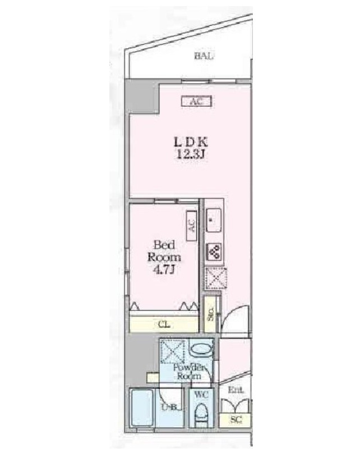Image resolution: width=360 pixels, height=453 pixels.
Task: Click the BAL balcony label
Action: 205,56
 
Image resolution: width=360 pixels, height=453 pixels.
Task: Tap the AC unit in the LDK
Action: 196,102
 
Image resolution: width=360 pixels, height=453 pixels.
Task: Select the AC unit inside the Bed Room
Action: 191,226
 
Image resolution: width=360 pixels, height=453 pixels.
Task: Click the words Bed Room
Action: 164,251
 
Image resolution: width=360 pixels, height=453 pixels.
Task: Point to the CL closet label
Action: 164,325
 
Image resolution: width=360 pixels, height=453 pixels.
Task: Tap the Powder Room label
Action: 189,372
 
